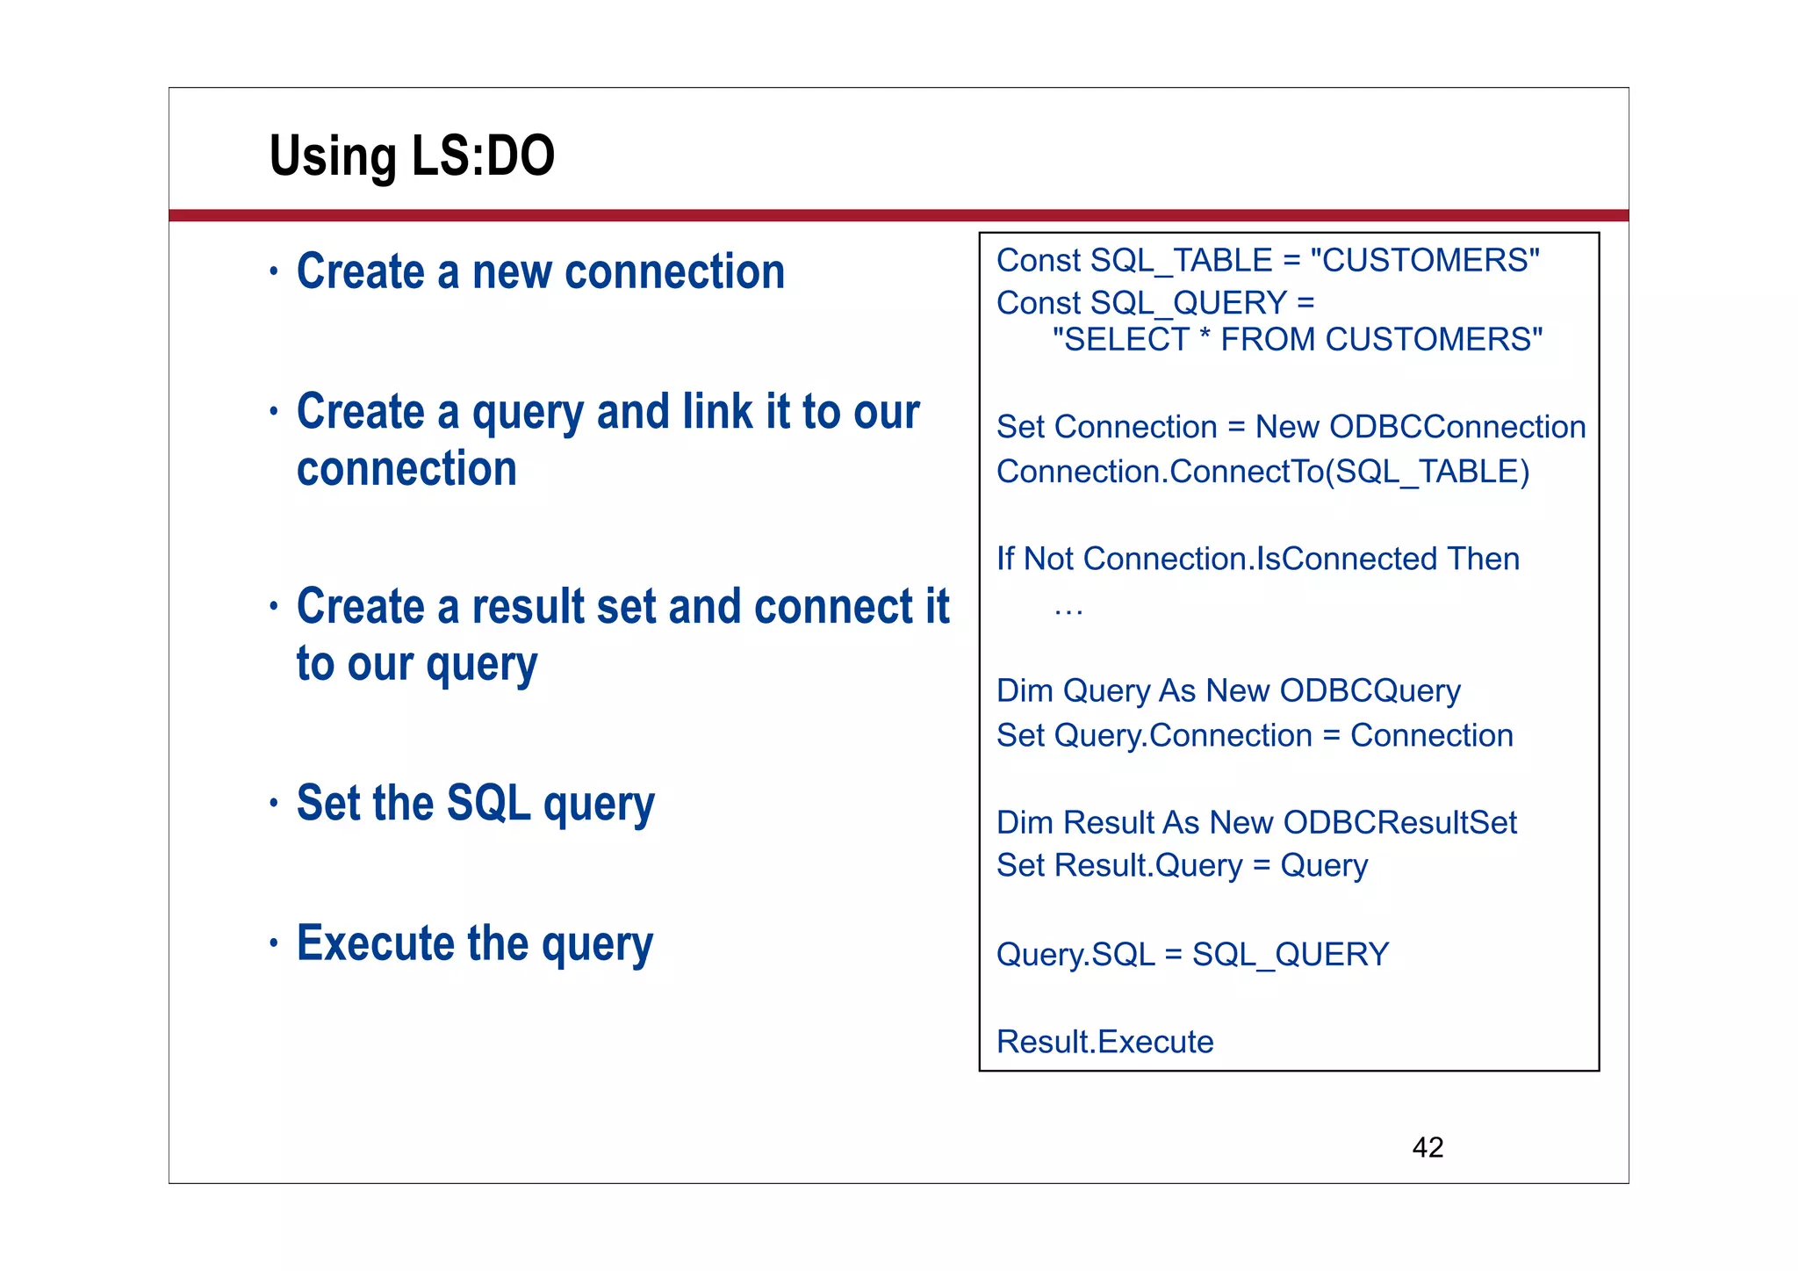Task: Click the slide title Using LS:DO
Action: pyautogui.click(x=412, y=156)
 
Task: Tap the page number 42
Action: pyautogui.click(x=1427, y=1147)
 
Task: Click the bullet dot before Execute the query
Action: pyautogui.click(x=274, y=943)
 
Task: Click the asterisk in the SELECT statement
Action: pyautogui.click(x=1204, y=338)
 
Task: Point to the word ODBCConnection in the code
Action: pyautogui.click(x=1457, y=427)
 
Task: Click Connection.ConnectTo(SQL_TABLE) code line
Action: pyautogui.click(x=1262, y=472)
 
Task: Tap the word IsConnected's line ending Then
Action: pyautogui.click(x=1483, y=559)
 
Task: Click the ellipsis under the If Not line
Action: pyautogui.click(x=1068, y=610)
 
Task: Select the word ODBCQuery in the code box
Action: pyautogui.click(x=1370, y=690)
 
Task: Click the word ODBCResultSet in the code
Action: pyautogui.click(x=1399, y=822)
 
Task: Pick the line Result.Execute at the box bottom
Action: pyautogui.click(x=1104, y=1042)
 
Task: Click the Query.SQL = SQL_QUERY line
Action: pyautogui.click(x=1192, y=954)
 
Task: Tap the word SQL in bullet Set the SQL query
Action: pyautogui.click(x=488, y=803)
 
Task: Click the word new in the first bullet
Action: pyautogui.click(x=512, y=271)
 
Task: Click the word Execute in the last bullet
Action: pyautogui.click(x=376, y=943)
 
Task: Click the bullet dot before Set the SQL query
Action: pyautogui.click(x=274, y=803)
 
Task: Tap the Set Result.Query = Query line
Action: pyautogui.click(x=1182, y=866)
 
